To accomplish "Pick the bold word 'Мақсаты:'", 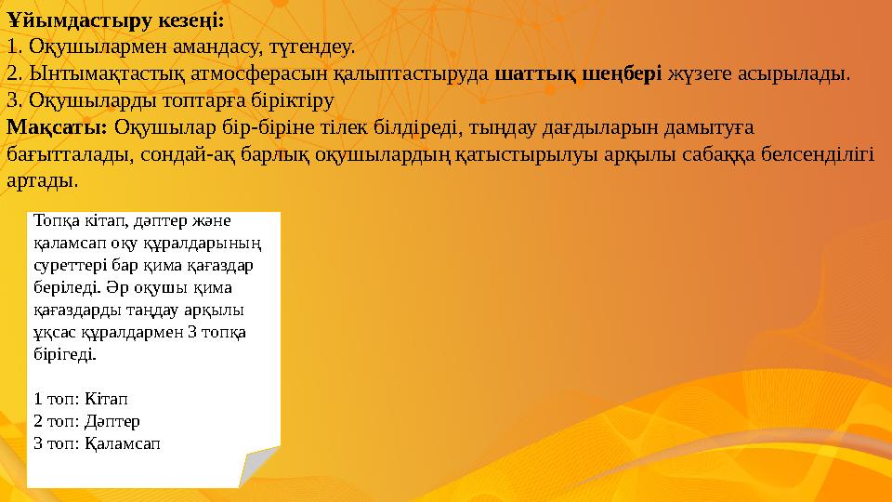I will tap(57, 125).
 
